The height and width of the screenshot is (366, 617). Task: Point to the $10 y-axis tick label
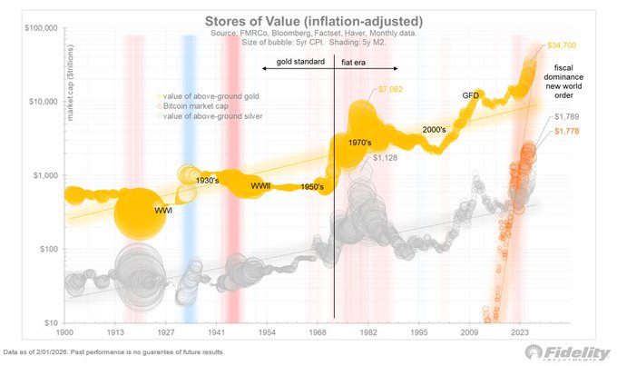[x=51, y=322]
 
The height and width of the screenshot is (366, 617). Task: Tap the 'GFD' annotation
[x=471, y=95]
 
